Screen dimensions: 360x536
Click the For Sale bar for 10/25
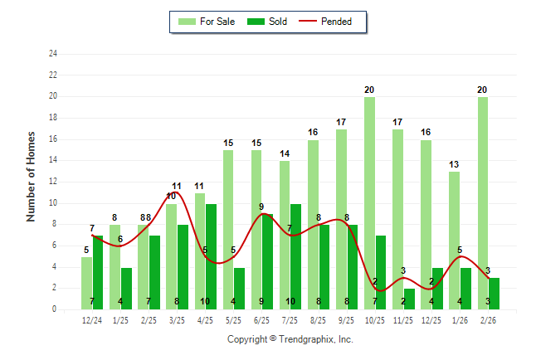tap(369, 203)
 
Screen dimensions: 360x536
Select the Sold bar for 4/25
tap(212, 256)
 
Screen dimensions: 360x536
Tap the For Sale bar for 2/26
tap(482, 203)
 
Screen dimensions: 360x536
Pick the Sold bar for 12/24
tap(98, 272)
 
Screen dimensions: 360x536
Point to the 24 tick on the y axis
tap(53, 54)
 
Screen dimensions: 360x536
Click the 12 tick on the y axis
tap(53, 182)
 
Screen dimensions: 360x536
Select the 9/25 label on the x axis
tap(347, 319)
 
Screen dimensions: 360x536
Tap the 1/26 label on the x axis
tap(460, 319)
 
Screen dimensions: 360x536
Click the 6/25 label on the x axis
tap(262, 319)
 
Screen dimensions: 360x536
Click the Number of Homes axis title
tap(32, 176)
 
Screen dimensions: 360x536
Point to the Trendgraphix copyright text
tap(290, 339)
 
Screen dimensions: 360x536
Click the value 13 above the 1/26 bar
tap(454, 164)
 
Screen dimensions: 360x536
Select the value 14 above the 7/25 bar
tap(285, 153)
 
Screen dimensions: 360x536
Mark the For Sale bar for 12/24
tap(86, 283)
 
